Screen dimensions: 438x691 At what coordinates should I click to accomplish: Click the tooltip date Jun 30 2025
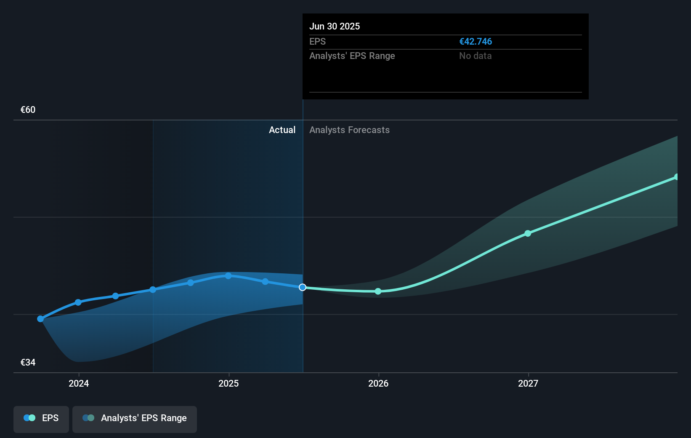334,26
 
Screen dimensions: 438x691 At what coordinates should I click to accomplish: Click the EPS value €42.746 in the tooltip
475,41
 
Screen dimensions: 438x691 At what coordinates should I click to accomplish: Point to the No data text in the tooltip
475,56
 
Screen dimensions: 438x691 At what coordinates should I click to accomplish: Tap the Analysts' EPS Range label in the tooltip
352,56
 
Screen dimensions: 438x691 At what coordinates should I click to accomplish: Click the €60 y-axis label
28,109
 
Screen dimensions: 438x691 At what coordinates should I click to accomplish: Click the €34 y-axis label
28,362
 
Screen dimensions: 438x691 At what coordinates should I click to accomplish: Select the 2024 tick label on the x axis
79,383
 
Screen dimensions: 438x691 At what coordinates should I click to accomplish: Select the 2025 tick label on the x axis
229,383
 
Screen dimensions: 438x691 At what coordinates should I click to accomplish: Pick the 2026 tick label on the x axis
378,383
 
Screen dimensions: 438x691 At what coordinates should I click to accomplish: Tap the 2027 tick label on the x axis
528,383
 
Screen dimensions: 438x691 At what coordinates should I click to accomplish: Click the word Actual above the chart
282,130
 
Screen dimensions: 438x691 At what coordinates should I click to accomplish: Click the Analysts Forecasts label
349,130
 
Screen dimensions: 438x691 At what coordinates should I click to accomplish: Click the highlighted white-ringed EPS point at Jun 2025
303,287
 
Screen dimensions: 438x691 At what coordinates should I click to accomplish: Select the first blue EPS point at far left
40,319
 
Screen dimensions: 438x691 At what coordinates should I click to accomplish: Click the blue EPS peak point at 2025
228,276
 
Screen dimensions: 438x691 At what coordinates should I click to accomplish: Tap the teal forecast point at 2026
378,291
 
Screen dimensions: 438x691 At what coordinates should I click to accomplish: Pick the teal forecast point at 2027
528,233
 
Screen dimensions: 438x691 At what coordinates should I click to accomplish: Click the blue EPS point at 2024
78,302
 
